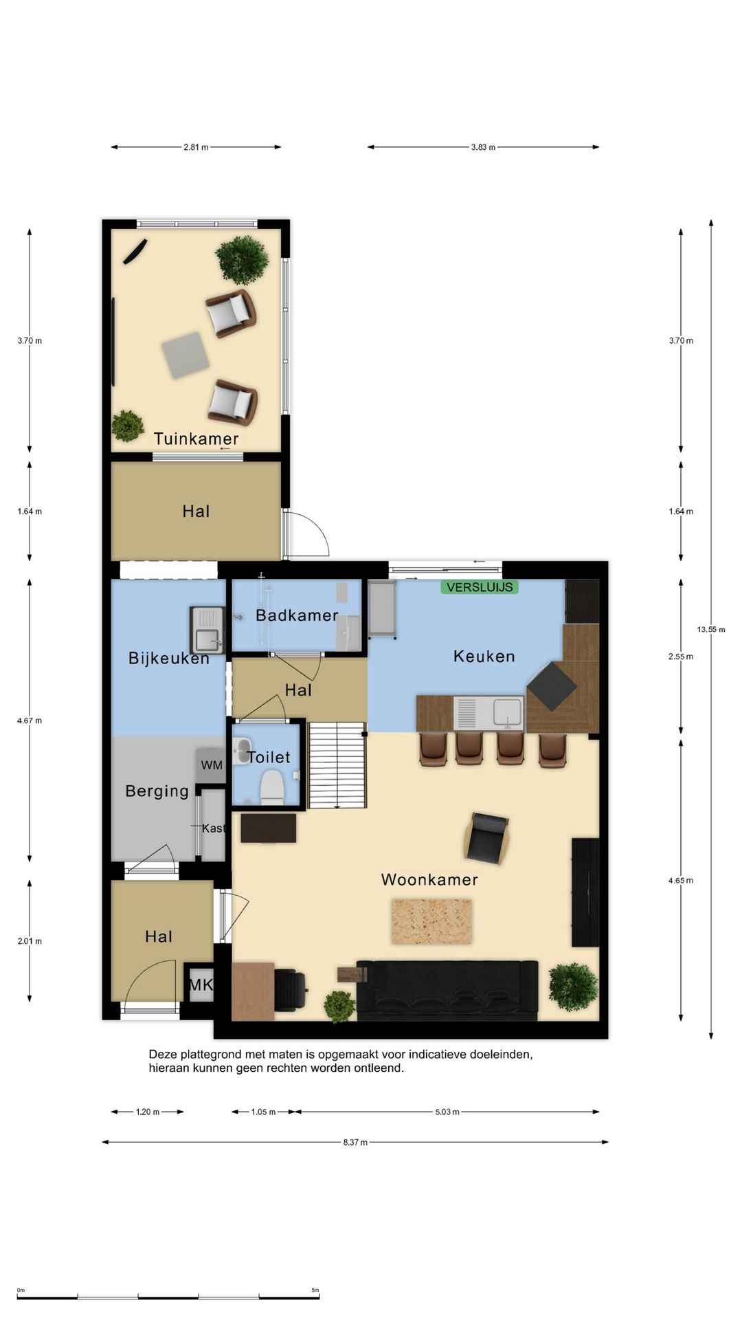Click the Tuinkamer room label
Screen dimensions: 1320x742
(196, 439)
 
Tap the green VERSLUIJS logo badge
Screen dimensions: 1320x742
(480, 587)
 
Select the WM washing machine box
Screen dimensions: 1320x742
(212, 764)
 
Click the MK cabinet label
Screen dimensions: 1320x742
(201, 984)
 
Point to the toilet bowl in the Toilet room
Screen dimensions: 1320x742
(273, 786)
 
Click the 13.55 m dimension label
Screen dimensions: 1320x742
(710, 629)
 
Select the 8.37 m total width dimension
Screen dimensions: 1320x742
(355, 1142)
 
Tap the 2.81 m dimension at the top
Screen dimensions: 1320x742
(196, 147)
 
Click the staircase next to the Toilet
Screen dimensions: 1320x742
(337, 764)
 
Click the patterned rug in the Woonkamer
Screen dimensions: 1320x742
(431, 921)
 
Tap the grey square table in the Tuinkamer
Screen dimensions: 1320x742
(185, 355)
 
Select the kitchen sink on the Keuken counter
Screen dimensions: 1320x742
(507, 712)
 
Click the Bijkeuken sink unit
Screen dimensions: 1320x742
(207, 630)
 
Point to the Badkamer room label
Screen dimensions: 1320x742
(297, 615)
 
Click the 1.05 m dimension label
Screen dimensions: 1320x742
(263, 1112)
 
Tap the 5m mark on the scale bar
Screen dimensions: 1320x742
(315, 1290)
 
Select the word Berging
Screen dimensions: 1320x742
(157, 791)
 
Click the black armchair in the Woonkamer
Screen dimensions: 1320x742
(487, 836)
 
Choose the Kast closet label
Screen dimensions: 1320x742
(213, 828)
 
